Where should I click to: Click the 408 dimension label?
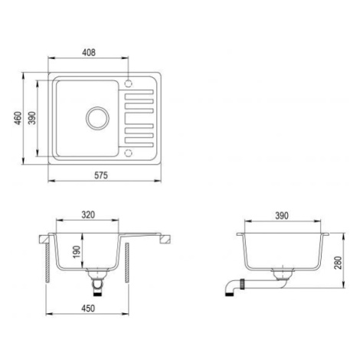pyautogui.click(x=89, y=52)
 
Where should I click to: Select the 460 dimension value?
pyautogui.click(x=18, y=118)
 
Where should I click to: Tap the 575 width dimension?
pyautogui.click(x=101, y=175)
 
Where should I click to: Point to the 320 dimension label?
pyautogui.click(x=88, y=215)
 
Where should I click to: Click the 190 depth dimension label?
pyautogui.click(x=77, y=252)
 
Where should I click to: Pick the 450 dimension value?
pyautogui.click(x=88, y=309)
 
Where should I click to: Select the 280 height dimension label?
pyautogui.click(x=338, y=263)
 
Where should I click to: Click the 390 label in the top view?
pyautogui.click(x=32, y=118)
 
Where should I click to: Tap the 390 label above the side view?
pyautogui.click(x=282, y=216)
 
